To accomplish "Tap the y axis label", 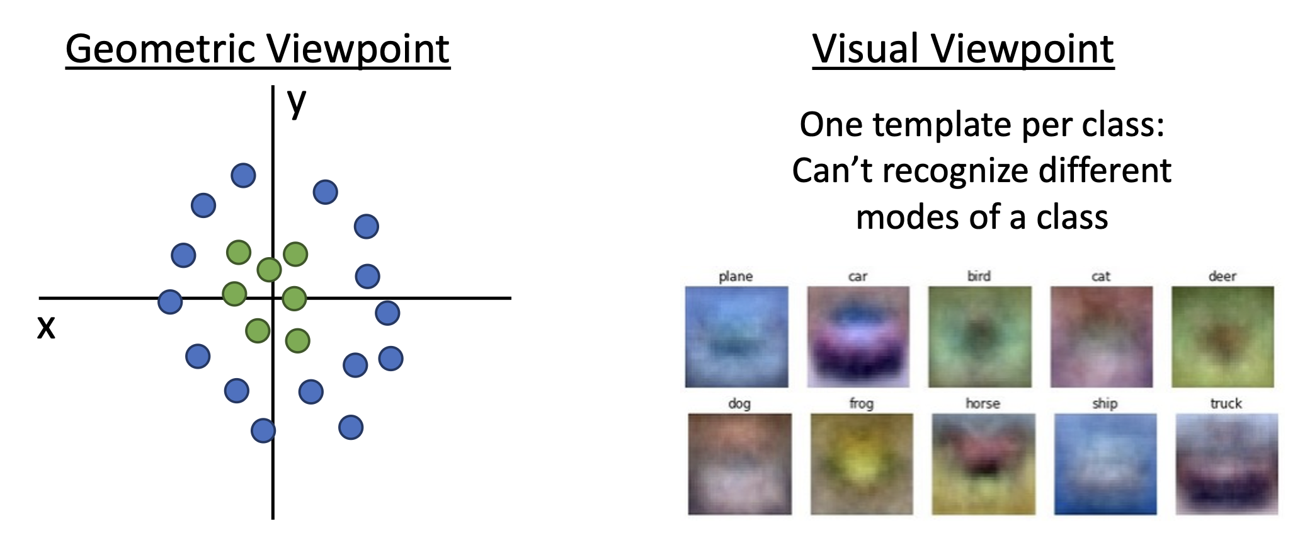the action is coord(297,102).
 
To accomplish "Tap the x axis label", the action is coord(46,328).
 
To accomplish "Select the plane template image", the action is coord(736,337).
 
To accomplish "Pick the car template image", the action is coord(858,337).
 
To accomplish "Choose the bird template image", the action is coord(980,337).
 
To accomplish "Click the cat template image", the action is coord(1102,337).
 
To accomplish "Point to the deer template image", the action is coord(1222,337).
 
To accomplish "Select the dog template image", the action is coord(739,464).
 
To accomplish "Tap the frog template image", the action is coord(862,464).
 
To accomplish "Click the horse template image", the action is coord(984,464).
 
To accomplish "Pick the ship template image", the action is coord(1105,464).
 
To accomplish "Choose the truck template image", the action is coord(1227,464).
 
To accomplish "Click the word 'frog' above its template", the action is coord(861,403).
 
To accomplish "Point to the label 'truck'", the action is coord(1226,403).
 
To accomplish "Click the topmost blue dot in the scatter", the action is coord(243,175).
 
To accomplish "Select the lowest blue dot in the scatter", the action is coord(263,431).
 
